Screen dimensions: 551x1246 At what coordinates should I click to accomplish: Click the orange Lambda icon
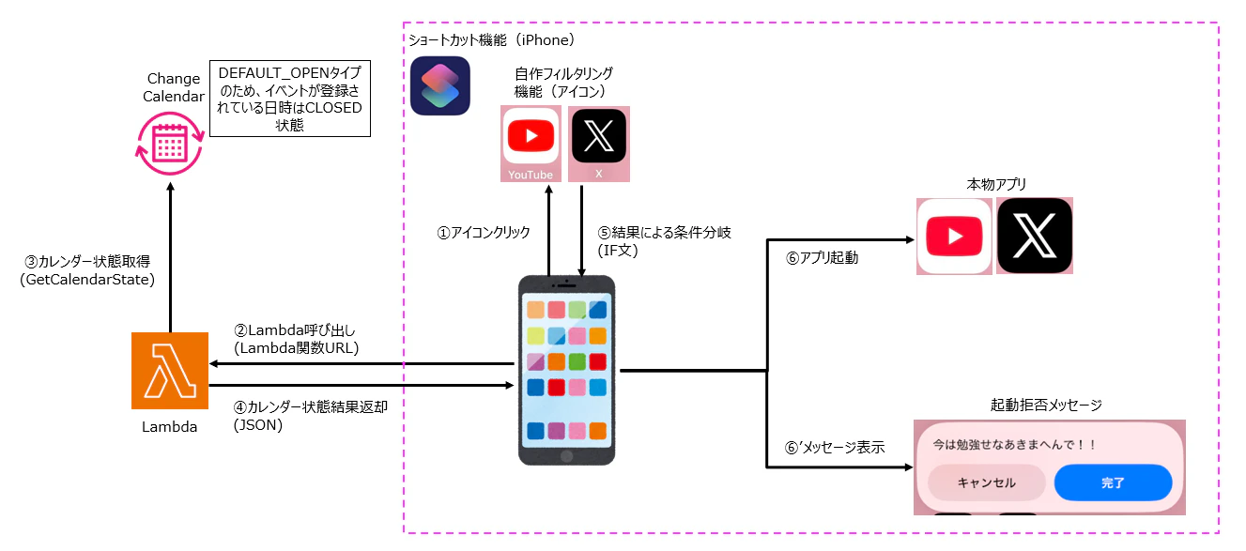tap(170, 371)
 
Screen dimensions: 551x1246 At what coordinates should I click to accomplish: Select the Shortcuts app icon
tap(439, 85)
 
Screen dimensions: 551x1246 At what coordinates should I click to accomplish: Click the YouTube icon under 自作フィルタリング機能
tap(531, 140)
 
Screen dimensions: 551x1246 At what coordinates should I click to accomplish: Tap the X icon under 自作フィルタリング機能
tap(598, 140)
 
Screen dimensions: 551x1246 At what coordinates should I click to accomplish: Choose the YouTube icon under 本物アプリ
tap(954, 236)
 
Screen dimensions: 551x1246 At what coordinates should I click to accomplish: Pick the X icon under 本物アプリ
tap(1035, 236)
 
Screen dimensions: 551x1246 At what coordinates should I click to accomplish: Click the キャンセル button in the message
tap(986, 483)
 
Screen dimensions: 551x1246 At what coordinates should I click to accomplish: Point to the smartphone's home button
tap(566, 454)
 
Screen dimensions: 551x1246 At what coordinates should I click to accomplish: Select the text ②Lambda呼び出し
tap(296, 330)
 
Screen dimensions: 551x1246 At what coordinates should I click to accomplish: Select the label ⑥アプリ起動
tap(822, 258)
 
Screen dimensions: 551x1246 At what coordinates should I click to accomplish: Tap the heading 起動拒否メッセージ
tap(1046, 406)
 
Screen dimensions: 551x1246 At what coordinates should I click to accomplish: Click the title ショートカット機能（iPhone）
tap(490, 40)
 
